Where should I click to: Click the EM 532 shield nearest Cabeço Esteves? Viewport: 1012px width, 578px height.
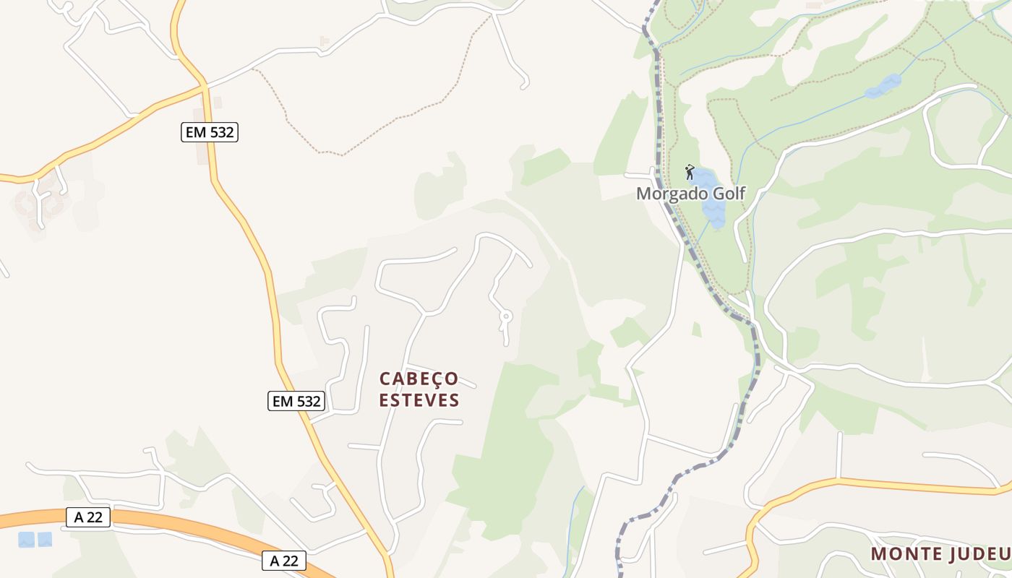click(296, 401)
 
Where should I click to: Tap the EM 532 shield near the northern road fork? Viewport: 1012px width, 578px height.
click(210, 132)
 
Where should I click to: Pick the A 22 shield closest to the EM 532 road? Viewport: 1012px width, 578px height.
click(284, 560)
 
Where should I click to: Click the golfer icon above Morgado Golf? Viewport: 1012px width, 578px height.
click(690, 172)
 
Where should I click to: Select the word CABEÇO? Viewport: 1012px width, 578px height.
click(419, 379)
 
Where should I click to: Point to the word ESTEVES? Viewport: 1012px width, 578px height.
click(419, 400)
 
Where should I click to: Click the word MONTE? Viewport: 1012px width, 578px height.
click(904, 554)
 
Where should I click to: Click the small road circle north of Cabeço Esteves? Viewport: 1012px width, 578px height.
click(506, 316)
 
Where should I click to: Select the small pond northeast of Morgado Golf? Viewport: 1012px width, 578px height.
click(884, 86)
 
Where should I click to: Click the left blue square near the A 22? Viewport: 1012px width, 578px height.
click(27, 539)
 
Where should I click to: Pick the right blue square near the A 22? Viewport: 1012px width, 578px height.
click(45, 539)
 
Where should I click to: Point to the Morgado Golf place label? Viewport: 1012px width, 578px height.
click(690, 193)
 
